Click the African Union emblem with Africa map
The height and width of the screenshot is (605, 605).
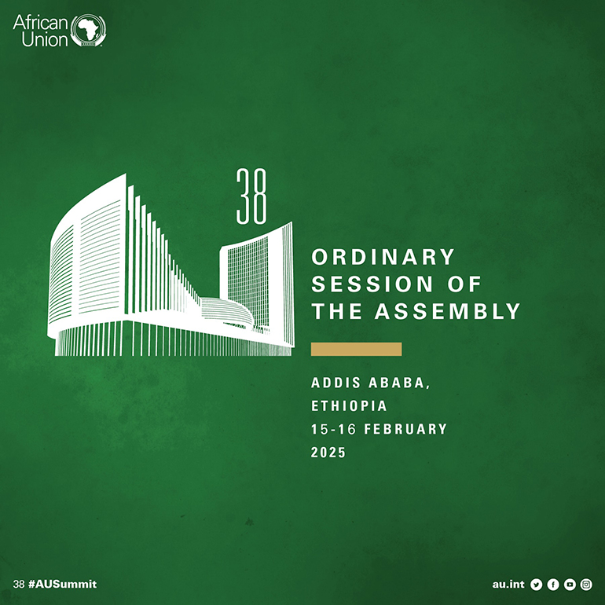(x=88, y=31)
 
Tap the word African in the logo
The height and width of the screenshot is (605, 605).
(x=40, y=22)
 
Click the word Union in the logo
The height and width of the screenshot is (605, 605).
(x=45, y=39)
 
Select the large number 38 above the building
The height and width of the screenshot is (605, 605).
(x=251, y=196)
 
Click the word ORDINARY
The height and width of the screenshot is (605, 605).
(x=383, y=257)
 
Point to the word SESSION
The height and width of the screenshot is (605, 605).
(x=372, y=284)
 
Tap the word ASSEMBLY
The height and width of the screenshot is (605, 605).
(x=448, y=311)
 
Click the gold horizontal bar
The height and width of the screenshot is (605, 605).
(x=356, y=349)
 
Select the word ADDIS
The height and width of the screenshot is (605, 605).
(x=335, y=383)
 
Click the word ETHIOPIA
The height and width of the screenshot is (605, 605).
(x=349, y=406)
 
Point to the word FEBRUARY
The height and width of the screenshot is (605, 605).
(x=405, y=429)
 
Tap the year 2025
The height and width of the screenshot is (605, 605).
(x=328, y=453)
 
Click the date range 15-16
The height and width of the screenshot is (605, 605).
(x=333, y=429)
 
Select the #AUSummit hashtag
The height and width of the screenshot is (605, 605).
(x=63, y=584)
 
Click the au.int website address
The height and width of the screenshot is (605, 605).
(x=508, y=585)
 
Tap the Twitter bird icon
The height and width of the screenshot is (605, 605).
(x=537, y=585)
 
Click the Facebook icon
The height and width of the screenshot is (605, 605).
(x=553, y=585)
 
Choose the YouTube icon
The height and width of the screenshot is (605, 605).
(x=570, y=585)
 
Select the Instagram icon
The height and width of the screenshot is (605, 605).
(x=586, y=585)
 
